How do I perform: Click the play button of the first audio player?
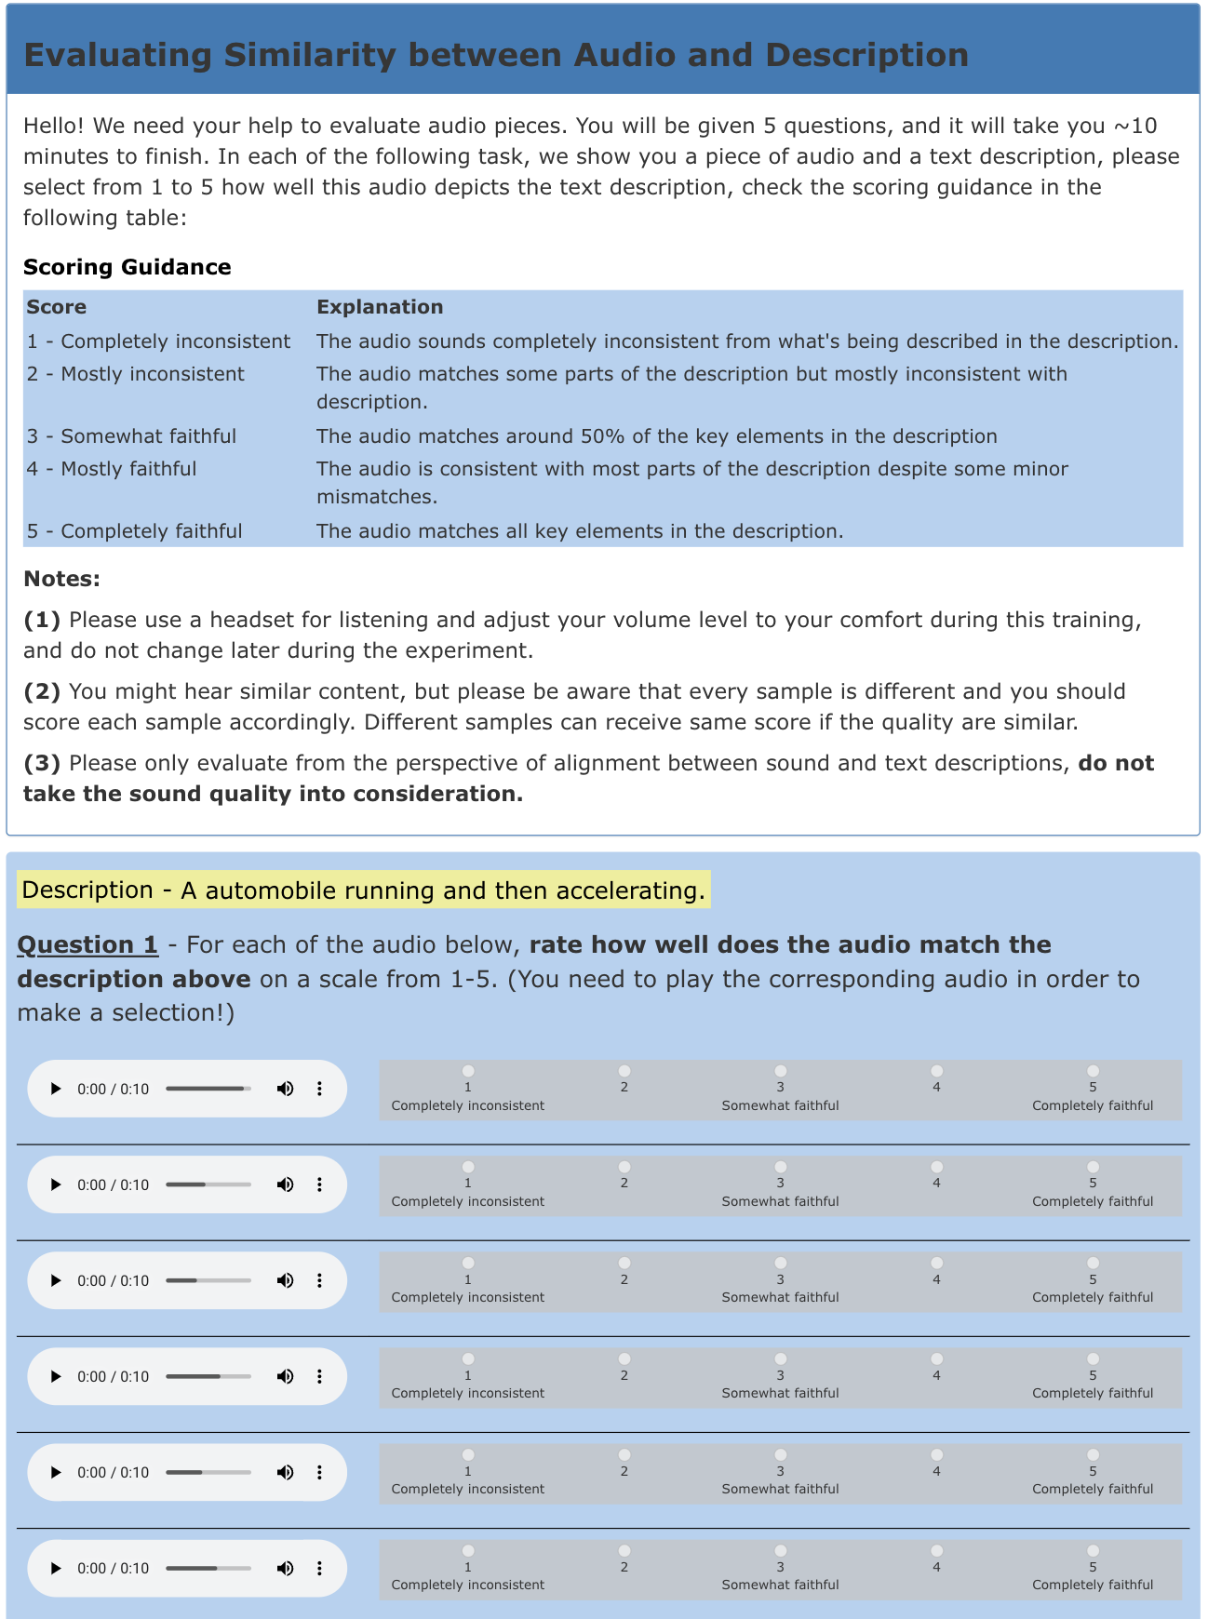click(56, 1089)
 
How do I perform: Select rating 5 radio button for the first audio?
click(1093, 1071)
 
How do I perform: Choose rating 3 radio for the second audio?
click(780, 1167)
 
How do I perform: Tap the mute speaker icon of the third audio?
click(285, 1280)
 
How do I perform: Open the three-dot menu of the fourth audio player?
click(319, 1376)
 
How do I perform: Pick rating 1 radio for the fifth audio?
click(468, 1454)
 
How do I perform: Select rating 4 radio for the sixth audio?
click(936, 1550)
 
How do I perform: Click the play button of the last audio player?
click(56, 1568)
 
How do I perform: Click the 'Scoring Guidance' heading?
click(127, 267)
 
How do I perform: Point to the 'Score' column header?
click(56, 307)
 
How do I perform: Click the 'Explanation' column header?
click(380, 307)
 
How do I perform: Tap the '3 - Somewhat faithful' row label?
click(131, 436)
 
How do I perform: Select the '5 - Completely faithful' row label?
click(134, 531)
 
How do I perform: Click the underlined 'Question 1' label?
click(87, 944)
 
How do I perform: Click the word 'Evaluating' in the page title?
click(117, 55)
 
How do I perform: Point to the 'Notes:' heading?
click(61, 579)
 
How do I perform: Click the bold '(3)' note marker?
click(42, 763)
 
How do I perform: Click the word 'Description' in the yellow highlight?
click(87, 890)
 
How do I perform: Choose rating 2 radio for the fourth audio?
click(624, 1358)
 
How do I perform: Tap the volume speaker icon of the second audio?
click(285, 1184)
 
